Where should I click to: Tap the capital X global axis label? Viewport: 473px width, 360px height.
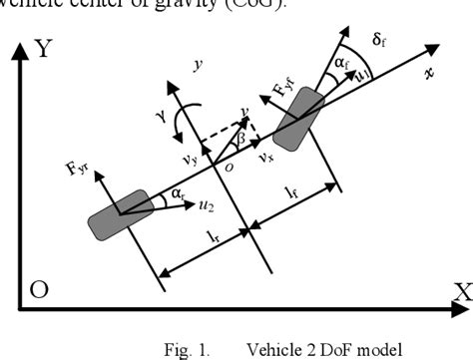[461, 291]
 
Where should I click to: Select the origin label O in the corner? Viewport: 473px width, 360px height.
[39, 290]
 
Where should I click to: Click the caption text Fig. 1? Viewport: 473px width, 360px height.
[184, 350]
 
